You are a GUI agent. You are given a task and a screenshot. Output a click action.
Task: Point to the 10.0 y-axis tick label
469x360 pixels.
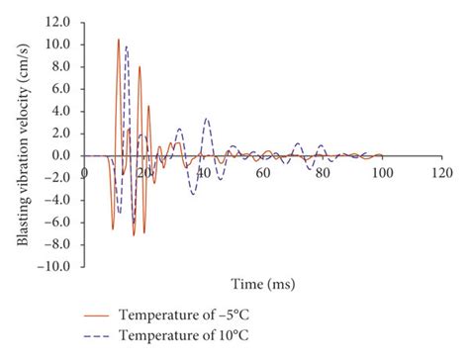(x=56, y=44)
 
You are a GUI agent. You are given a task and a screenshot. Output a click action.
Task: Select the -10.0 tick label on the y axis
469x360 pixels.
(x=53, y=266)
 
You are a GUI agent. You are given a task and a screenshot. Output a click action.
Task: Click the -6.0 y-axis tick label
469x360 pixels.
(x=56, y=222)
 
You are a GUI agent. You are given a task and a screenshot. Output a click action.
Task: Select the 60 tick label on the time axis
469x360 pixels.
(x=262, y=174)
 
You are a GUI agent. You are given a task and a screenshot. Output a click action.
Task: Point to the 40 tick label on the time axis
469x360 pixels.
(x=203, y=174)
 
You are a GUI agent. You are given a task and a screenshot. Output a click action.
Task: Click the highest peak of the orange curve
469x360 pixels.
(x=119, y=40)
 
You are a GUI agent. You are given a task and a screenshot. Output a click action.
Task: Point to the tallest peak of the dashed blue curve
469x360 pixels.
(x=127, y=46)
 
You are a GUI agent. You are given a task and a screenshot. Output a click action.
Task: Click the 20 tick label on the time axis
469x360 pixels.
(x=143, y=174)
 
